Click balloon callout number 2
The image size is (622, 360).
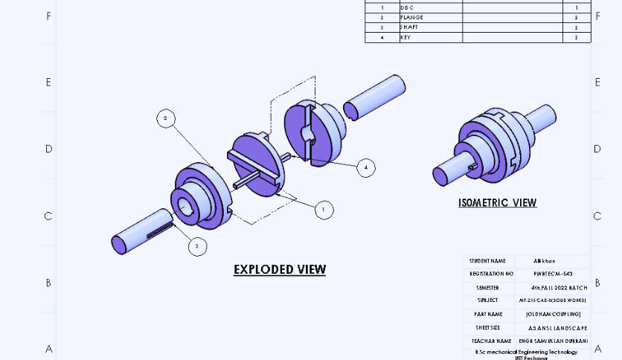point(166,118)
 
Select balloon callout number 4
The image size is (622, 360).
point(365,167)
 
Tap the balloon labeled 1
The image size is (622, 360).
point(324,210)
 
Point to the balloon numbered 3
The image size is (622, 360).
point(197,246)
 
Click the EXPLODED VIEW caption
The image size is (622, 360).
point(280,269)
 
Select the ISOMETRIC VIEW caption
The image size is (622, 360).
point(497,202)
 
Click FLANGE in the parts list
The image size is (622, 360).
point(411,17)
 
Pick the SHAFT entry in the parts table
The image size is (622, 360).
point(409,27)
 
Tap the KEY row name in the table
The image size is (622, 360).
point(405,37)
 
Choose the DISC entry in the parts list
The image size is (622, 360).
point(407,7)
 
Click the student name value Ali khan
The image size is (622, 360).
point(545,261)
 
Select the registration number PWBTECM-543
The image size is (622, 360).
point(553,274)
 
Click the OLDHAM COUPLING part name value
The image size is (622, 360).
point(553,314)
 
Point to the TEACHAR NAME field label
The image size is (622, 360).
point(490,341)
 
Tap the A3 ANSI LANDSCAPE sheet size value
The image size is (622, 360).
point(557,327)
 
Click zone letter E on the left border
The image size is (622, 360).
point(48,82)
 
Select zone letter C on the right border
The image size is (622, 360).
point(597,216)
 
